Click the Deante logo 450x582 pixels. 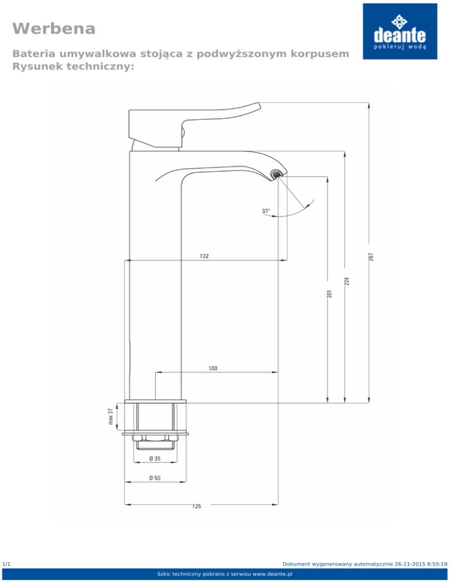pyautogui.click(x=400, y=32)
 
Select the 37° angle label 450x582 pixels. pyautogui.click(x=267, y=210)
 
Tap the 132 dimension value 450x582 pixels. pyautogui.click(x=204, y=256)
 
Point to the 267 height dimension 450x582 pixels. pyautogui.click(x=371, y=256)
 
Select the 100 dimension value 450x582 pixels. pyautogui.click(x=213, y=368)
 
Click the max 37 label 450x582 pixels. pyautogui.click(x=111, y=417)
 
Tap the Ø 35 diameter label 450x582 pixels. pyautogui.click(x=155, y=458)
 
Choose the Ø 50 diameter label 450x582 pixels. pyautogui.click(x=155, y=478)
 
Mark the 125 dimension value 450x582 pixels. pyautogui.click(x=197, y=506)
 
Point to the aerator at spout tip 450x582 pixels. pyautogui.click(x=275, y=174)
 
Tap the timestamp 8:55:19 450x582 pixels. pyautogui.click(x=435, y=563)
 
